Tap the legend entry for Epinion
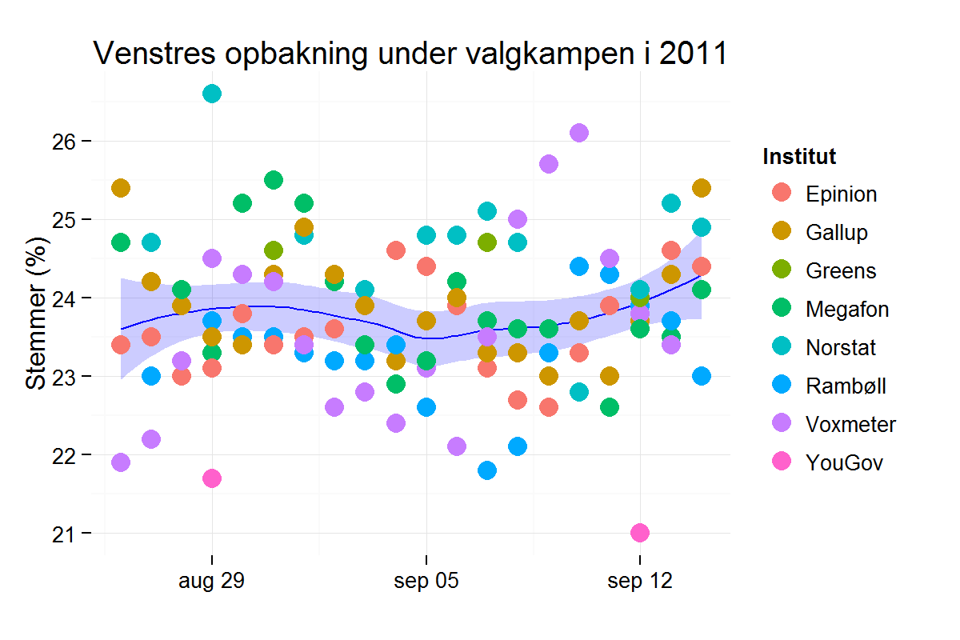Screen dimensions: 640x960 [x=841, y=194]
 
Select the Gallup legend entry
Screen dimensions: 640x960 [x=836, y=233]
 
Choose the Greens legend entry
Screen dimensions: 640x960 [x=841, y=271]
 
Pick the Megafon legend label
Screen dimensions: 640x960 [x=846, y=310]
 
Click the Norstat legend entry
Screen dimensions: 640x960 [x=841, y=348]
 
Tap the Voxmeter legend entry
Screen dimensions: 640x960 [x=850, y=425]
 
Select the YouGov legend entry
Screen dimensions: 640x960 [x=844, y=463]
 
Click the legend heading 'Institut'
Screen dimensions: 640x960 [x=799, y=157]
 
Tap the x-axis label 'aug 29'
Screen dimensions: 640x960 [x=212, y=582]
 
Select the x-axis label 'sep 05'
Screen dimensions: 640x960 [x=426, y=582]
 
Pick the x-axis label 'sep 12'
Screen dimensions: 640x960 [x=640, y=582]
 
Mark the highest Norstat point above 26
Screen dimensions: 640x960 [x=212, y=94]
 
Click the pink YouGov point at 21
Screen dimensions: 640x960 [x=640, y=533]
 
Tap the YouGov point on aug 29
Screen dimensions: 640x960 [x=212, y=478]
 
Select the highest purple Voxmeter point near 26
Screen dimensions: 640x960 [x=579, y=133]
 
